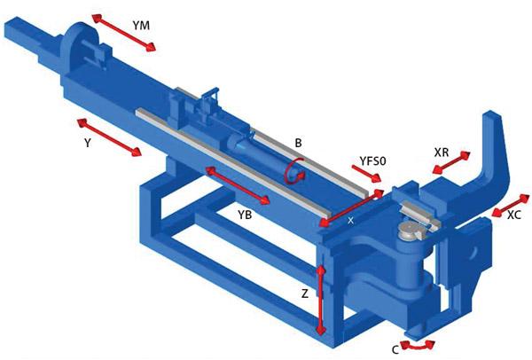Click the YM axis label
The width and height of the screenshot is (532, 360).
click(141, 26)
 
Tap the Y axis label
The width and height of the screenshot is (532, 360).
click(87, 141)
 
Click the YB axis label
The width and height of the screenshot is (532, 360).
click(248, 215)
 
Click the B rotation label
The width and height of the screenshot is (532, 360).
click(299, 141)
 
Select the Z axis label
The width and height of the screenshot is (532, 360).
click(304, 292)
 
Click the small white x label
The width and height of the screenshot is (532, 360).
click(351, 218)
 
